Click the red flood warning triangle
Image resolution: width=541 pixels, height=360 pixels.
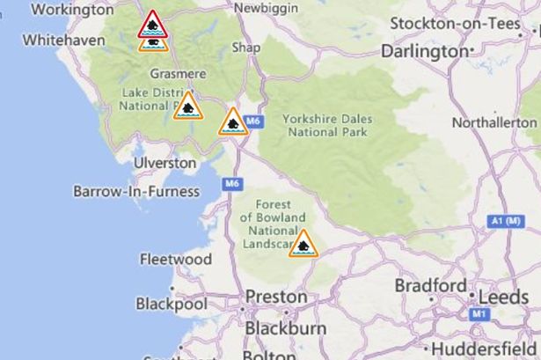[153, 23]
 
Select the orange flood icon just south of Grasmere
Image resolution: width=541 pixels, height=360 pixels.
[187, 106]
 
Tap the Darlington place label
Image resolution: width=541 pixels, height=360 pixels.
[424, 52]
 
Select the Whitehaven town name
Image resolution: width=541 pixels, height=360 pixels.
[59, 40]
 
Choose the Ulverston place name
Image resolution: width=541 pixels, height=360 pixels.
[164, 163]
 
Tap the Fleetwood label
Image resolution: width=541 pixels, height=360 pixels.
[176, 260]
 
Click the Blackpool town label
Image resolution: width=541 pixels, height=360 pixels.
[171, 304]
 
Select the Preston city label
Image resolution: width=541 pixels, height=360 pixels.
[275, 297]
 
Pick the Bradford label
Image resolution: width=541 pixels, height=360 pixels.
[430, 287]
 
